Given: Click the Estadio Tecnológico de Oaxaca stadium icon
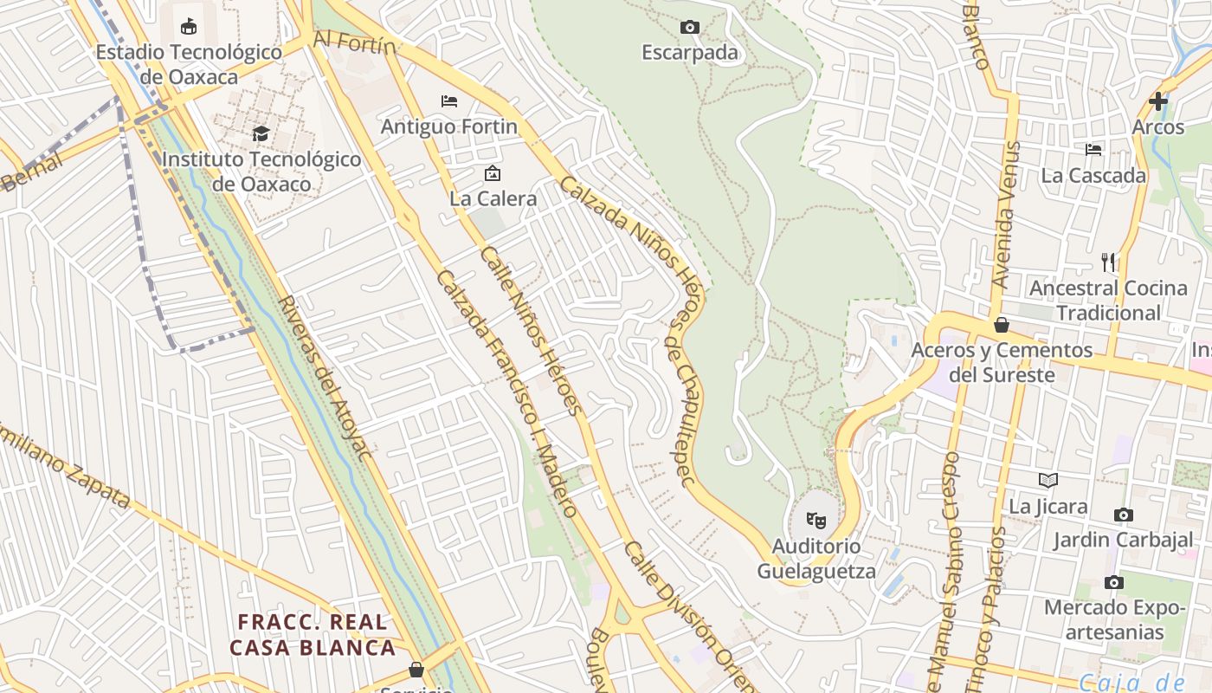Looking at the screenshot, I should [189, 27].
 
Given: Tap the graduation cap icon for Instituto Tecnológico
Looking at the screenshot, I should [261, 133].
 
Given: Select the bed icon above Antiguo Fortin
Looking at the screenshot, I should [448, 101].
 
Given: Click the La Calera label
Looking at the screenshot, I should [493, 198].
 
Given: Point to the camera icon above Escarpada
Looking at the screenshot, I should [690, 28].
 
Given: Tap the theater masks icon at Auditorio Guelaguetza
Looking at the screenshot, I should [816, 520].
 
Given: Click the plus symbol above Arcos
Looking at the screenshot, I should [1157, 101].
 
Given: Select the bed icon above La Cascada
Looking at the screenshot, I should [1093, 150].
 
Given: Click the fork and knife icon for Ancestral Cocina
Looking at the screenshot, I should [1108, 262].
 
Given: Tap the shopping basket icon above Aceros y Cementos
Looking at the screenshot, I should [1002, 325].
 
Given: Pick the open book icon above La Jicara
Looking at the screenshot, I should [1048, 480].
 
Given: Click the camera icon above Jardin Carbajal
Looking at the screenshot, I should [1123, 515].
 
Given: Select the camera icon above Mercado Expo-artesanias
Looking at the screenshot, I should [1114, 582].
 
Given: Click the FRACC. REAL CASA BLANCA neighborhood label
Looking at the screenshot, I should [313, 634].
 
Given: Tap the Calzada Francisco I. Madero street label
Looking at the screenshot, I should [507, 393].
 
